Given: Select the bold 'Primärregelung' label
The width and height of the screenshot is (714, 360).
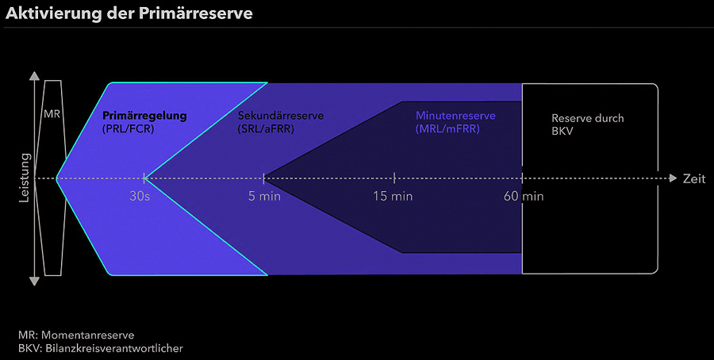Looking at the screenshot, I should (144, 116).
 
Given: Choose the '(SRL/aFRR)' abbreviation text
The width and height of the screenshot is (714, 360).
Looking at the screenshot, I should (266, 128).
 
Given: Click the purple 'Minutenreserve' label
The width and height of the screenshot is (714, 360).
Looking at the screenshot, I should (455, 116).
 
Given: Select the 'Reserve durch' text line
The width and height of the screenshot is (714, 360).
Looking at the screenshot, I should (588, 119).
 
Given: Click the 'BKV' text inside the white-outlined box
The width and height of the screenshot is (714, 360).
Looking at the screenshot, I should (562, 132).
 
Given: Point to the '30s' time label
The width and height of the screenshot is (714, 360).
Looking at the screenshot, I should (140, 196).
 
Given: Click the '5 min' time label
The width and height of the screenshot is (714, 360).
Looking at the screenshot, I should (264, 196).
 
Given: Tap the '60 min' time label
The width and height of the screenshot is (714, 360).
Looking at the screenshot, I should (524, 196).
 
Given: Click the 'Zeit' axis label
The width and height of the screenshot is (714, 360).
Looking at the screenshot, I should (694, 179).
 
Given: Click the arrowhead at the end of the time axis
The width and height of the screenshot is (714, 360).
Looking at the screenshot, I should (673, 178).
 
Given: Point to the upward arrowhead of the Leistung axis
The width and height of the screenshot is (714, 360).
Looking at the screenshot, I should (34, 77).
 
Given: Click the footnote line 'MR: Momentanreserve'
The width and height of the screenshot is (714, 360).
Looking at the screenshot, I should (76, 335).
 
